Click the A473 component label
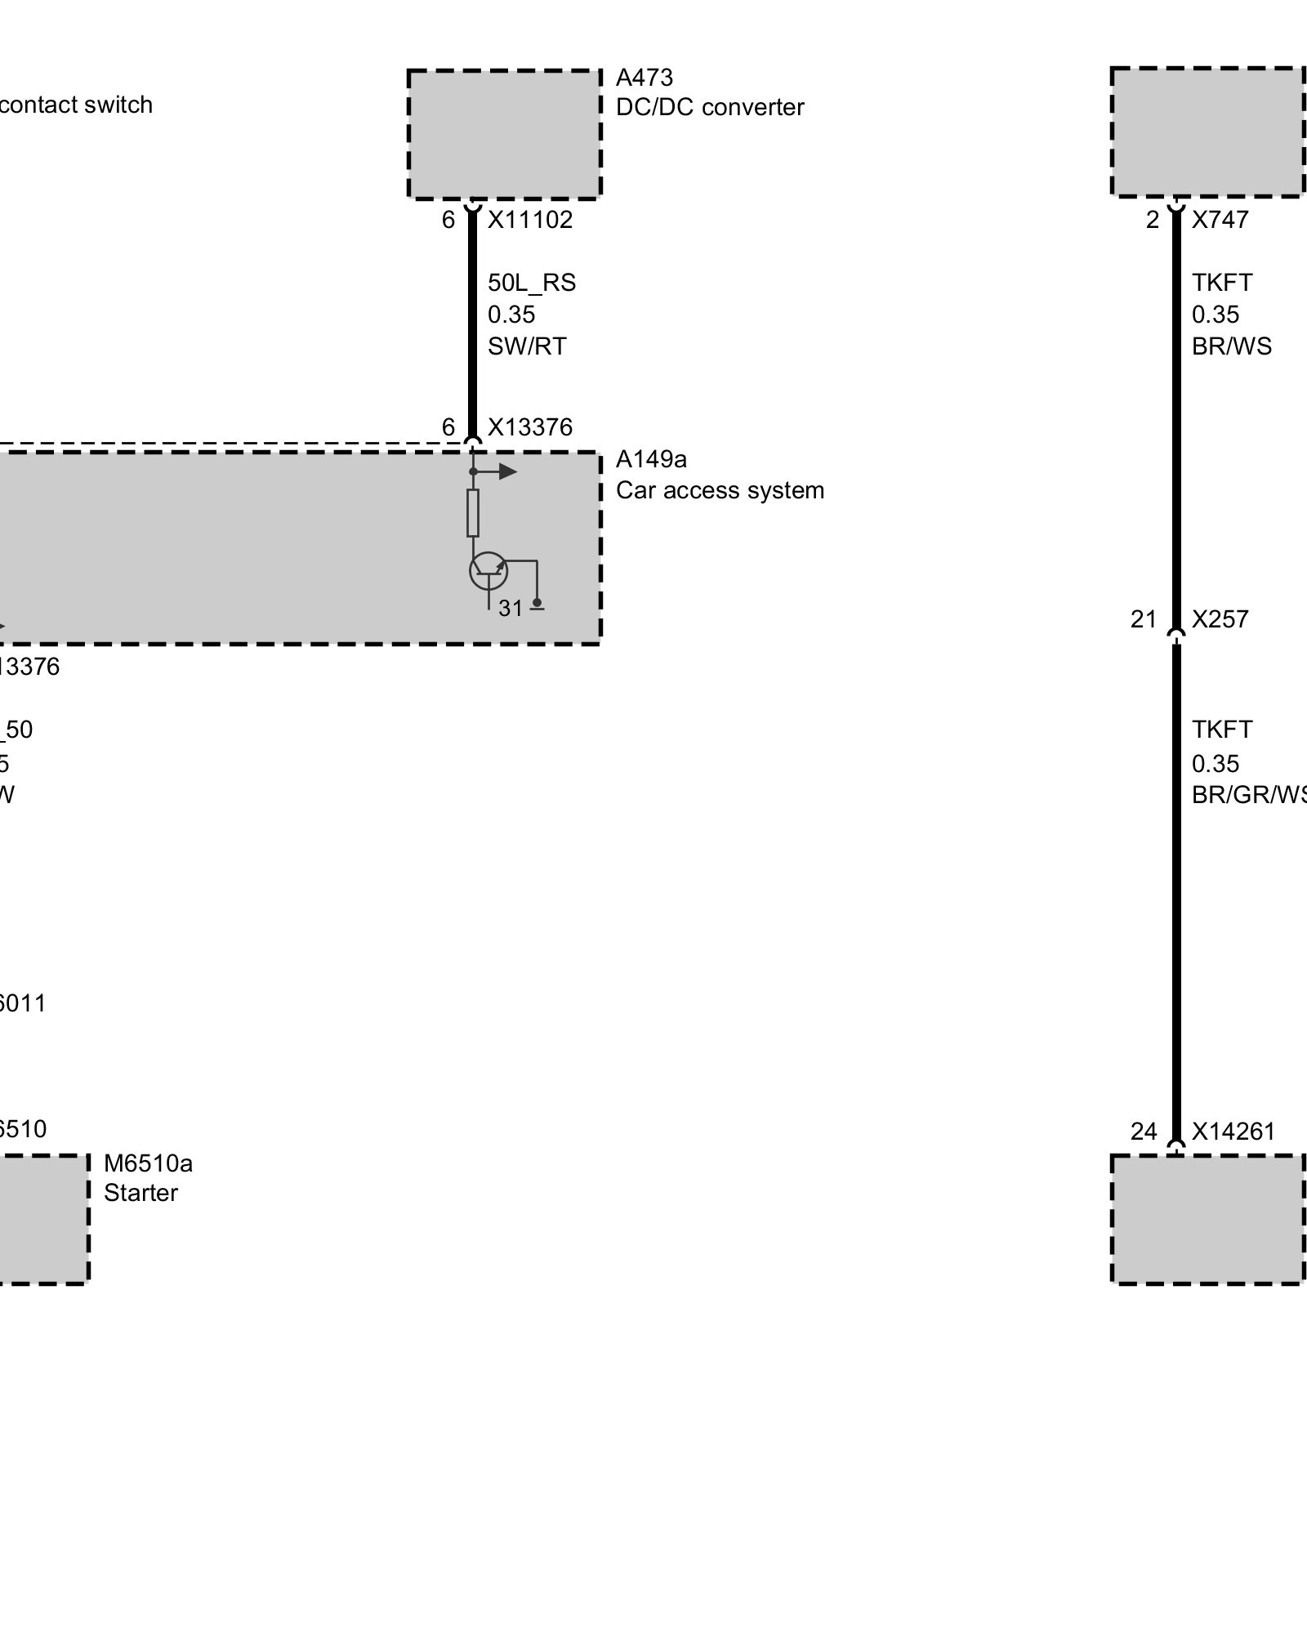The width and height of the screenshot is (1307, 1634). coord(644,78)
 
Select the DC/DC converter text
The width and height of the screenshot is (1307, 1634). coord(709,108)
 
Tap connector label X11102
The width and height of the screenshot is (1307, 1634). coord(530,220)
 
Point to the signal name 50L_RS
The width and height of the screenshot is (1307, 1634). coord(532,283)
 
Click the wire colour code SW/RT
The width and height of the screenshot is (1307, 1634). coord(527,346)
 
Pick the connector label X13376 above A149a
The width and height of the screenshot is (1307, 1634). coord(530,427)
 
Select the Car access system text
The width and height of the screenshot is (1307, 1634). coord(720,490)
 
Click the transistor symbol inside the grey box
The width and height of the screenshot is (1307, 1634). coord(488,570)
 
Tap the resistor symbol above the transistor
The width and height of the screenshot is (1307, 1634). coord(473,513)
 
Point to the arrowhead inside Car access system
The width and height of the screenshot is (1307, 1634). coord(508,471)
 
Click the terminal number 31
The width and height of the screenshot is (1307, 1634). coord(510,609)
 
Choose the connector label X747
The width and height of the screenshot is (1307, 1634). coord(1220,220)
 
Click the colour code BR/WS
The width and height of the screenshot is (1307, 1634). coord(1231,346)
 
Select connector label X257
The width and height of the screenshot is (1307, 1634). coord(1220,619)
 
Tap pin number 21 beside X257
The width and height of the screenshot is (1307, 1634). coord(1144,619)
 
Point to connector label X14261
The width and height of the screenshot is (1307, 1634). coord(1233,1132)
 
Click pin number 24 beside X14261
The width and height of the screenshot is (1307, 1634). coord(1144,1132)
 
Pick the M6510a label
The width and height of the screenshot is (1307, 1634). coord(148,1163)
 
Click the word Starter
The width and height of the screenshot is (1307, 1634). coord(141,1193)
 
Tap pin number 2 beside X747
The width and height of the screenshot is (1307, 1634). coord(1152,220)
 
